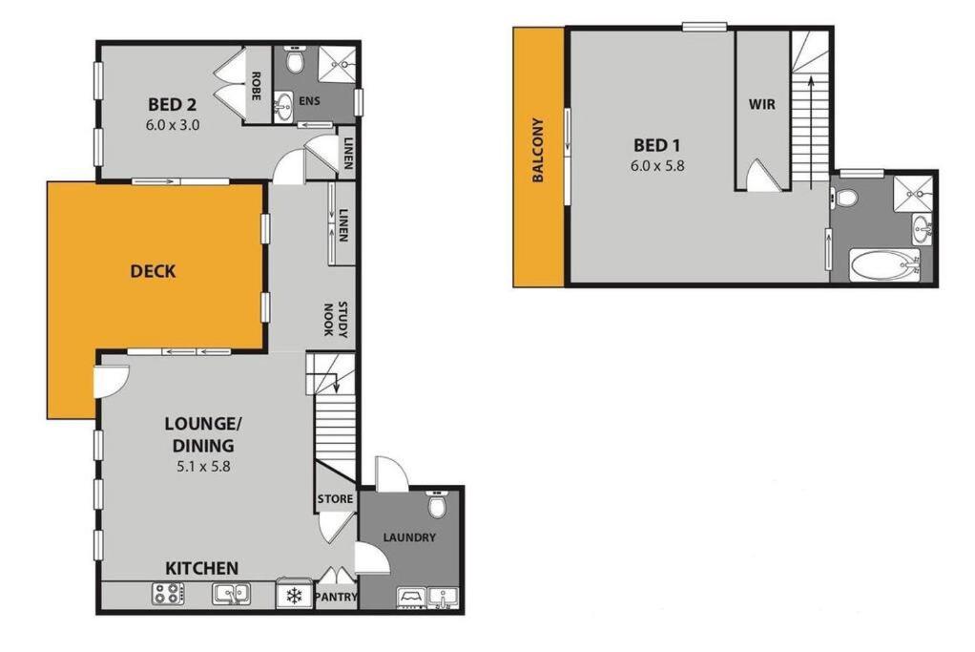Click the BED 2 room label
point(173,104)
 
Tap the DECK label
point(153,271)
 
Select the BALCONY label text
point(538,150)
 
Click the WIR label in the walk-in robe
point(761,104)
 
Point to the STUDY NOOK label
point(335,319)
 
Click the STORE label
point(335,499)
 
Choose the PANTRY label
point(337,598)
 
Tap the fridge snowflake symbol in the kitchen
point(294,597)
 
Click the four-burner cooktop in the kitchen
point(169,594)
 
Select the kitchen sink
point(231,594)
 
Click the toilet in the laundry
point(437,504)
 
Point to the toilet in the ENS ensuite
point(294,60)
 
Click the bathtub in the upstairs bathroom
point(884,265)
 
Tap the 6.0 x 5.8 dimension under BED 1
point(657,166)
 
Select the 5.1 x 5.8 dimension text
point(203,466)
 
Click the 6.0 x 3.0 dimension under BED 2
point(173,124)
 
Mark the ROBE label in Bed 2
point(256,86)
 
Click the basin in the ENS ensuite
point(284,107)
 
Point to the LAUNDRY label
point(409,537)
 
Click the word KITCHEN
point(202,568)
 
